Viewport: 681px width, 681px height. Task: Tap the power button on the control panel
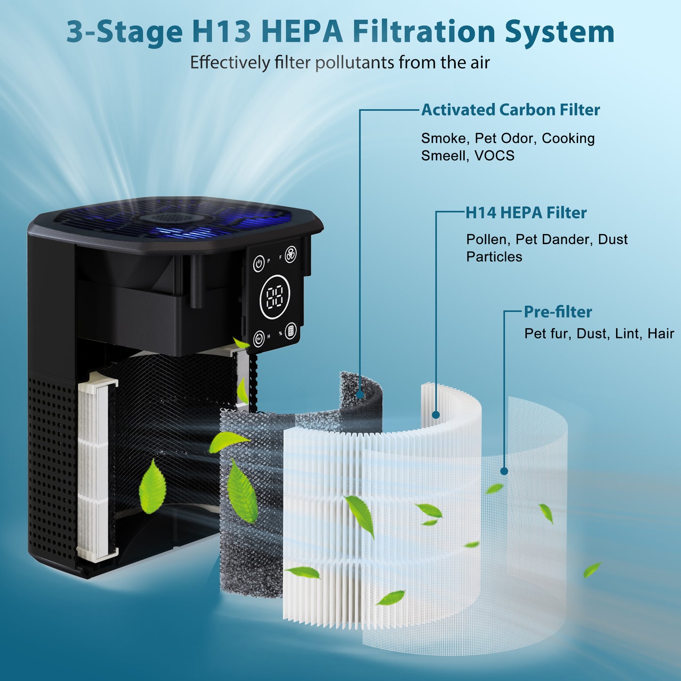[258, 263]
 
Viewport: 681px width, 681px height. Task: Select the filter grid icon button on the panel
[291, 330]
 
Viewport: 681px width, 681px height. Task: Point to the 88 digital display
[275, 297]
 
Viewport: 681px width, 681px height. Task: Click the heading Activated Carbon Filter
[510, 110]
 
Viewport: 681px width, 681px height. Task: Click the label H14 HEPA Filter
[526, 213]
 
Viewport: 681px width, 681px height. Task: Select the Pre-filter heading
[558, 312]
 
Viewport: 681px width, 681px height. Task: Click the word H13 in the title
[222, 32]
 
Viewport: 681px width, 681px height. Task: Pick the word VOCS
[494, 156]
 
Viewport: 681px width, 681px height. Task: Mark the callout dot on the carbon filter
[360, 394]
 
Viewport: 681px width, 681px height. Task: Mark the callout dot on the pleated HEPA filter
[436, 415]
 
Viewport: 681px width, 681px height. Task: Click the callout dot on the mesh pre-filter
[504, 471]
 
